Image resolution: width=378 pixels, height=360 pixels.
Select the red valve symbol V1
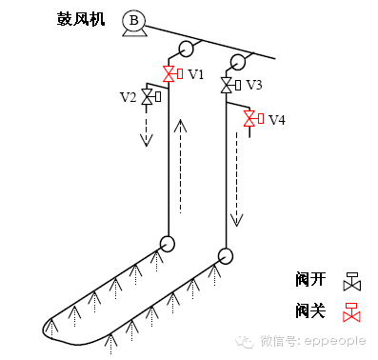[x=169, y=73]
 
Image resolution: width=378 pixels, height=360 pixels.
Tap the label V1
[x=196, y=74]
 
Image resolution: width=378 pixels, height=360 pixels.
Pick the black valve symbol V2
[x=148, y=96]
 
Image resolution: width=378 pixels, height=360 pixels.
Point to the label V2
[x=128, y=97]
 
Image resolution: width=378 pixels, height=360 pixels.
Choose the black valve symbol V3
[x=227, y=86]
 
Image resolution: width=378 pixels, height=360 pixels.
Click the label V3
[x=253, y=86]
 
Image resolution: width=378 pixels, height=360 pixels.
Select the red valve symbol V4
[x=249, y=119]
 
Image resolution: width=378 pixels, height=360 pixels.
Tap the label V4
[x=276, y=120]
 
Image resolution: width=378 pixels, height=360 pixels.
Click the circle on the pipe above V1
[x=185, y=48]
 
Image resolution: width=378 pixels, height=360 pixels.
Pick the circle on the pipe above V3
[x=237, y=62]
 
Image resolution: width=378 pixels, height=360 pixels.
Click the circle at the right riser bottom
[x=225, y=255]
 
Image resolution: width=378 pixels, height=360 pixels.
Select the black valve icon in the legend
[x=351, y=282]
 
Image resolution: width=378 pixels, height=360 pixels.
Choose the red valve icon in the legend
[x=351, y=312]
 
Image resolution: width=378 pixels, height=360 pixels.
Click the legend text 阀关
[x=311, y=311]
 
